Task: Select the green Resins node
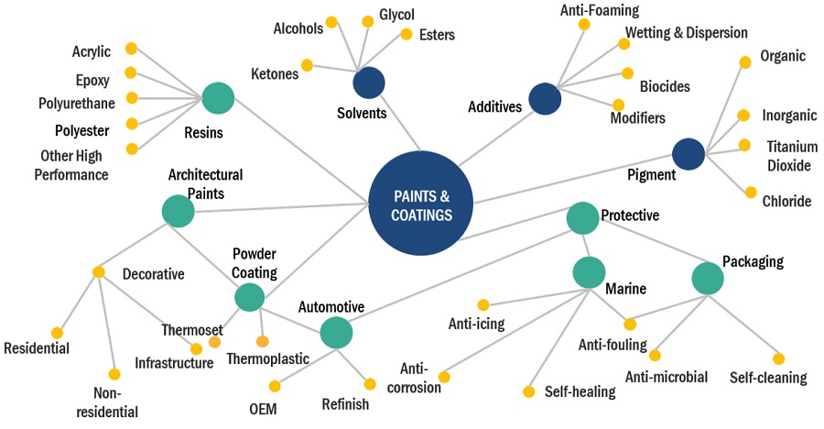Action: (x=218, y=98)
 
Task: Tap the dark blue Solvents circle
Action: (x=369, y=82)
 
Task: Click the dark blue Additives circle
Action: (x=545, y=99)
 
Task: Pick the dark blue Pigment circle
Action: (x=688, y=154)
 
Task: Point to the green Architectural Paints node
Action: (x=178, y=211)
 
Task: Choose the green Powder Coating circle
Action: (x=249, y=296)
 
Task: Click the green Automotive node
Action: (x=336, y=333)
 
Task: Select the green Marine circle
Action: (x=589, y=272)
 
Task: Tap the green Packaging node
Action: (x=707, y=279)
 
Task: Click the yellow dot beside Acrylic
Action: (x=132, y=48)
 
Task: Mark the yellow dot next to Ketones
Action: (x=308, y=65)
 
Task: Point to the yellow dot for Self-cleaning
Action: (x=778, y=358)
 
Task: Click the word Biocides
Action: (x=665, y=87)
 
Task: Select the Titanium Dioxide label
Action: (x=788, y=156)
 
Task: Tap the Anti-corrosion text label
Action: (x=420, y=378)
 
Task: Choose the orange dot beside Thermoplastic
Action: (x=263, y=342)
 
